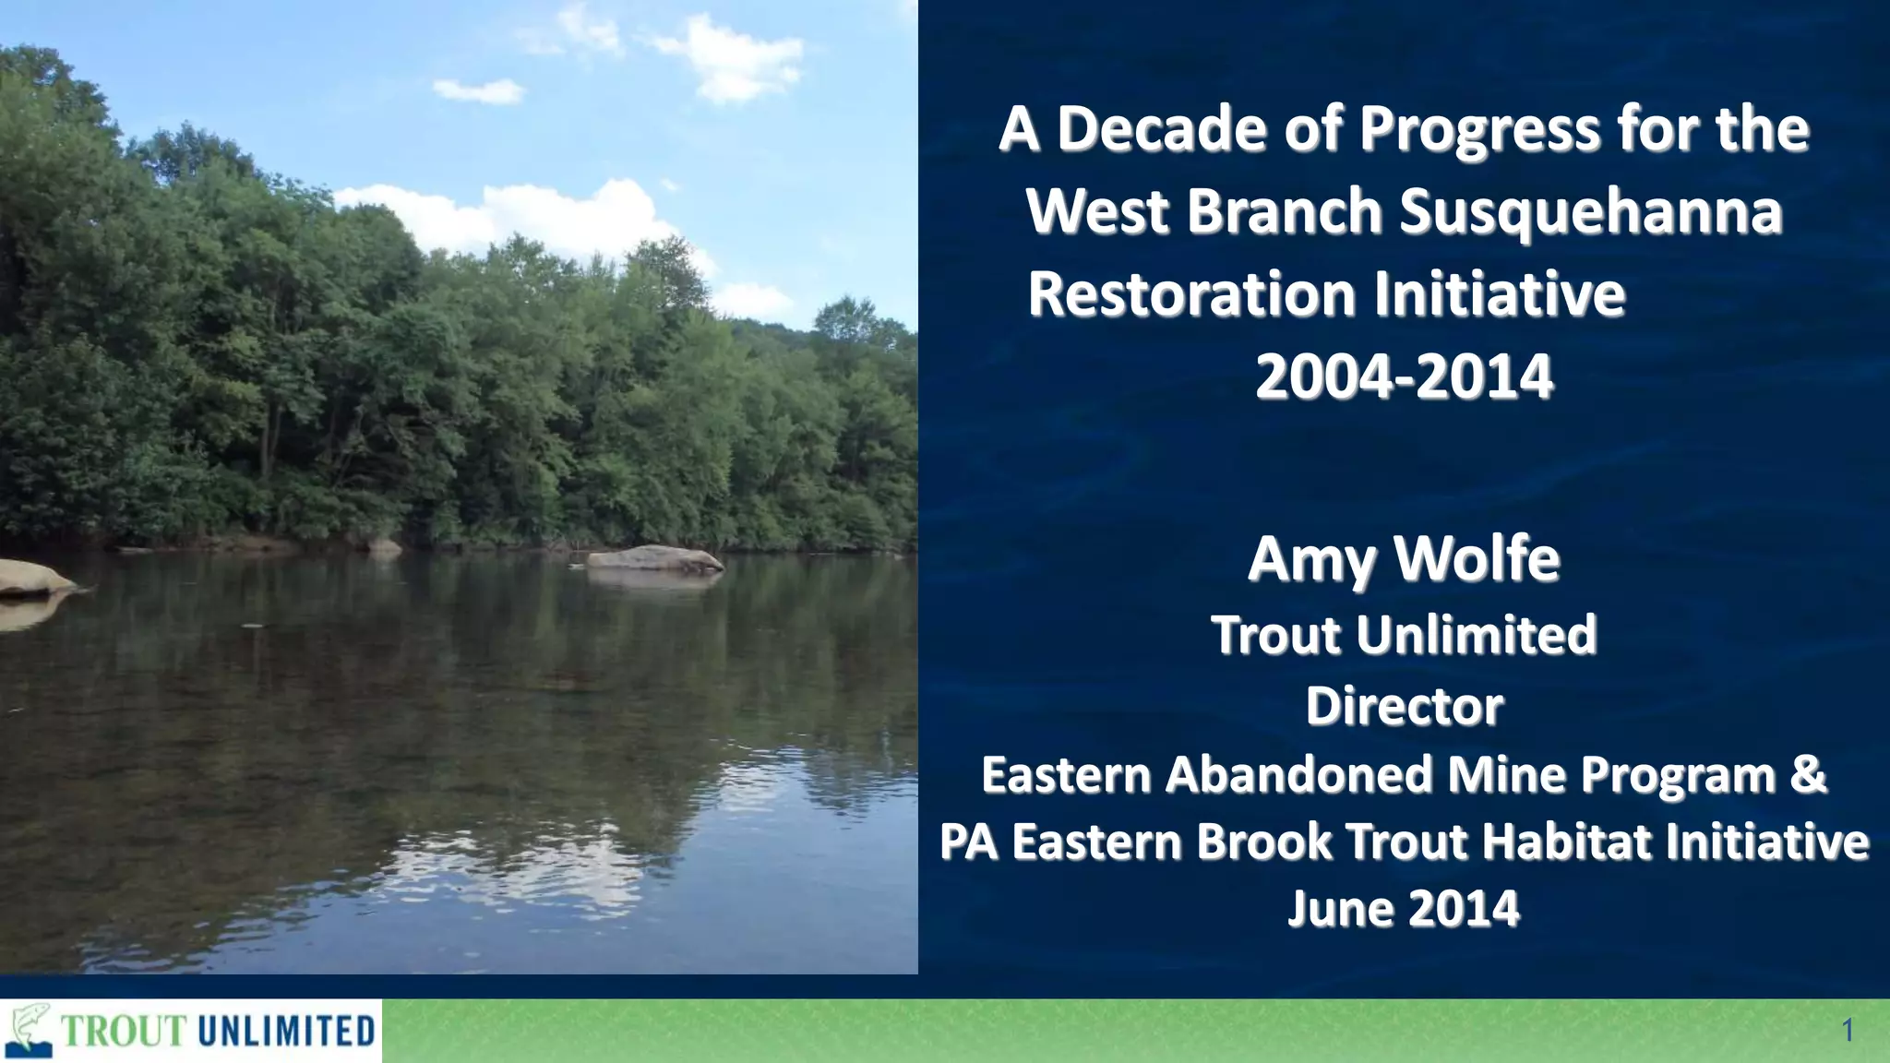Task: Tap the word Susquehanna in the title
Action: (x=1590, y=211)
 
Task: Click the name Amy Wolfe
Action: (x=1404, y=559)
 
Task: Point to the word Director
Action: (x=1404, y=707)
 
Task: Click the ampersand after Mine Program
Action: (x=1808, y=774)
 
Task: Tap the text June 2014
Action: (x=1404, y=909)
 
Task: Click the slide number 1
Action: (x=1848, y=1031)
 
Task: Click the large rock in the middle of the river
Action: (x=654, y=559)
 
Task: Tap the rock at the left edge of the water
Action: (x=32, y=578)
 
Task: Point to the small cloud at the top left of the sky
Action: (x=477, y=90)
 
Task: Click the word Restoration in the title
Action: (x=1191, y=294)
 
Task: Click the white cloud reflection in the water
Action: (x=517, y=867)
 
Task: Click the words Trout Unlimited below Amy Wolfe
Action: (x=1404, y=635)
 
